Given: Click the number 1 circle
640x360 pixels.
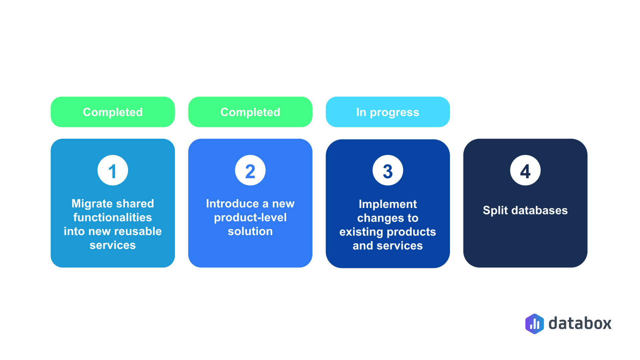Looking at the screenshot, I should click(113, 170).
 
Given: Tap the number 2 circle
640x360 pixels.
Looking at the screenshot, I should click(250, 170).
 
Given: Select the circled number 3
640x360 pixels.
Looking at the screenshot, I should click(388, 170).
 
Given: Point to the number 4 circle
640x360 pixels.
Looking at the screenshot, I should click(525, 170).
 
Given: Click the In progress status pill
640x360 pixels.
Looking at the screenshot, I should click(388, 112).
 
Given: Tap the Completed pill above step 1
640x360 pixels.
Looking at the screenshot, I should click(113, 112).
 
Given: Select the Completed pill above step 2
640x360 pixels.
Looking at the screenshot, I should click(250, 112).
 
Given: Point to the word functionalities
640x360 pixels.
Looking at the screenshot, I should click(113, 217).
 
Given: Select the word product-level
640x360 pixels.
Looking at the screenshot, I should click(250, 218).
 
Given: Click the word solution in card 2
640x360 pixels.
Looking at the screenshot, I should click(250, 231).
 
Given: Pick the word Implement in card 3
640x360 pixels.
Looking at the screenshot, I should click(388, 204).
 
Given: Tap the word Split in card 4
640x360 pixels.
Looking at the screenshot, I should click(495, 210).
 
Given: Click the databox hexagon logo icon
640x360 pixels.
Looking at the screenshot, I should click(534, 324).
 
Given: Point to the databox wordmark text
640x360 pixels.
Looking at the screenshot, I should click(580, 323).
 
